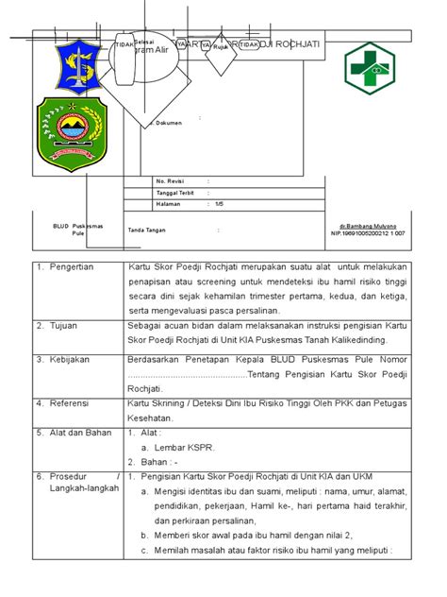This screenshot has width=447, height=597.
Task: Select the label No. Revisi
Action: click(172, 179)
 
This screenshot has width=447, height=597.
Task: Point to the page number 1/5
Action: click(219, 203)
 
